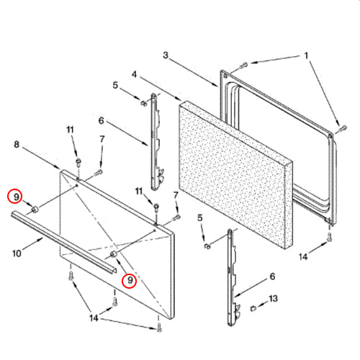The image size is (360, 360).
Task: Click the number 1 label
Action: click(x=306, y=56)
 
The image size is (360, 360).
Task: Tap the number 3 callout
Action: click(x=166, y=55)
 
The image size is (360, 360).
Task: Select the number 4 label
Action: click(x=135, y=74)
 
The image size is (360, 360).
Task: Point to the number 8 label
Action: click(x=17, y=145)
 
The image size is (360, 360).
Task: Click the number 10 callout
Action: click(x=17, y=253)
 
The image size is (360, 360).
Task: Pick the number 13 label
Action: click(x=273, y=299)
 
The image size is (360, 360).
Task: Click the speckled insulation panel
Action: click(x=236, y=175)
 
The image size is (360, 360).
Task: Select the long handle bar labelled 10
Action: click(x=64, y=243)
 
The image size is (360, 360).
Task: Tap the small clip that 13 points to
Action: click(x=253, y=308)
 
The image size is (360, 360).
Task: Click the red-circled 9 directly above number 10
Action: click(x=14, y=197)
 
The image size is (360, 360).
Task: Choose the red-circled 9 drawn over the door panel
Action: click(x=130, y=281)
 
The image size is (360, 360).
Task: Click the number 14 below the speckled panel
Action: click(x=303, y=257)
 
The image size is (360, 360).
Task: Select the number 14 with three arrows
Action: click(x=94, y=318)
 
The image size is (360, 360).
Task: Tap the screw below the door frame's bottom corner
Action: click(x=330, y=237)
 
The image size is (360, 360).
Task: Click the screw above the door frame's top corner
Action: click(x=243, y=65)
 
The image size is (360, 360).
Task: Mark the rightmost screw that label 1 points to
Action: click(x=343, y=128)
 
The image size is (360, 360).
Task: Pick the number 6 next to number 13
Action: click(x=272, y=276)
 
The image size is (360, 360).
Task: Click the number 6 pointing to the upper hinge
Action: click(x=102, y=120)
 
